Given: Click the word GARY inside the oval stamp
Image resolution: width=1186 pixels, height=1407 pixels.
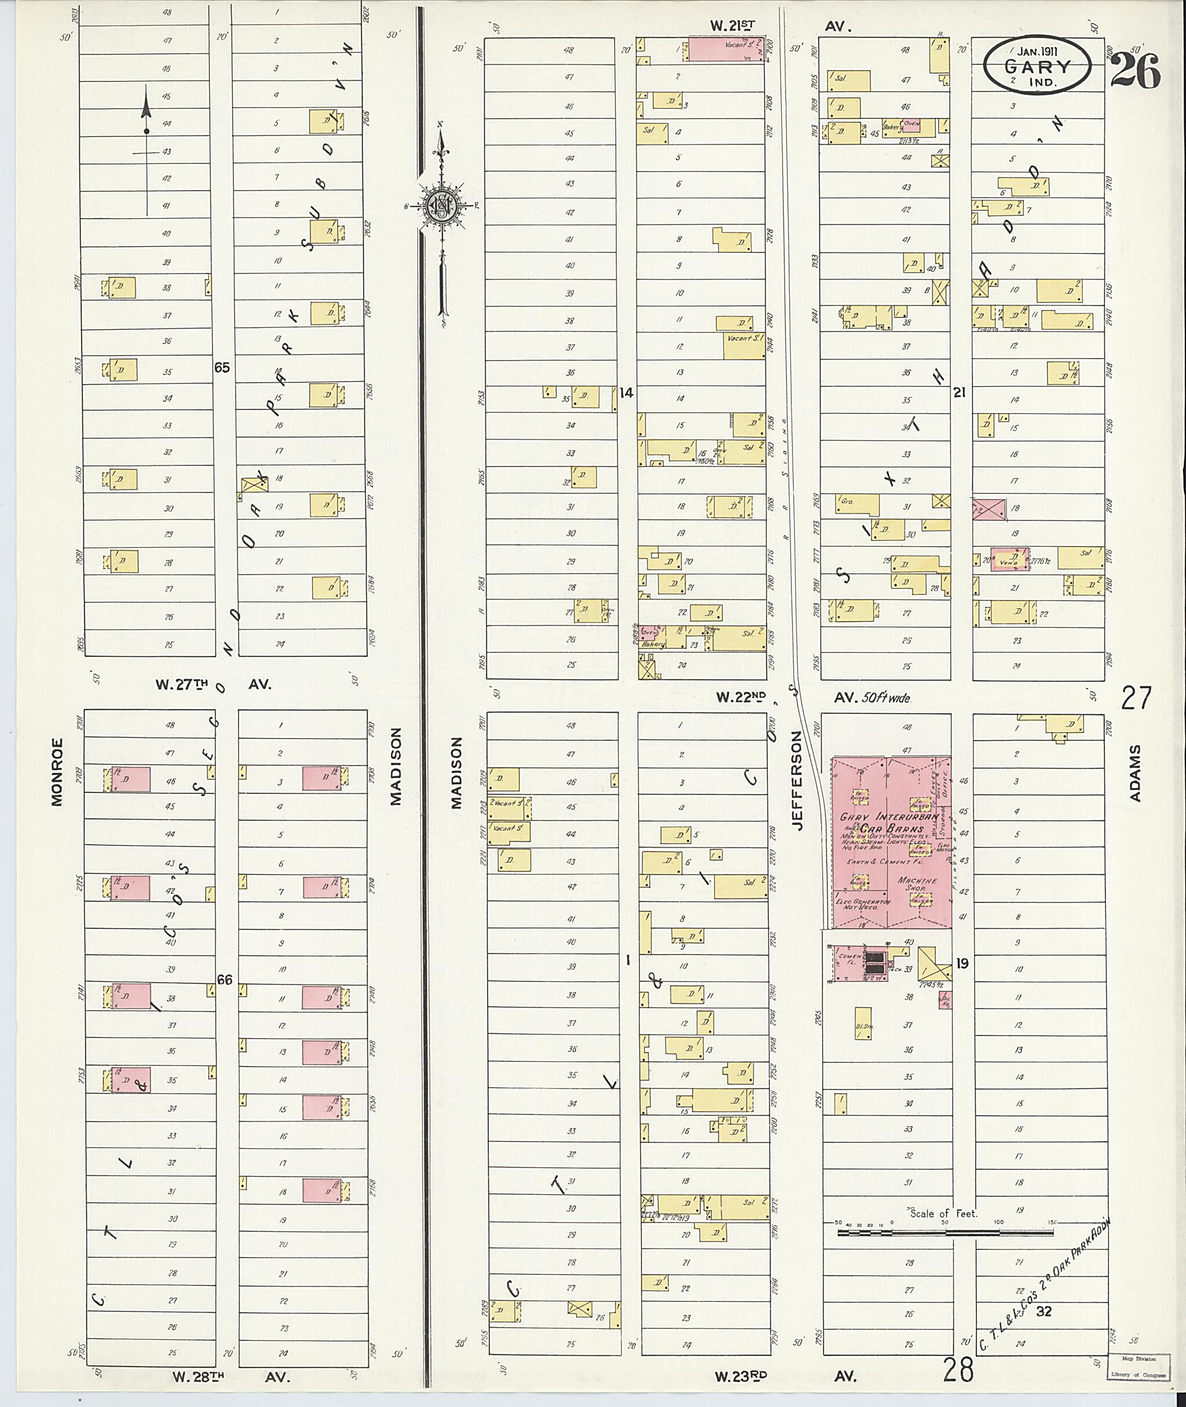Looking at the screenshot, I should (x=1037, y=67).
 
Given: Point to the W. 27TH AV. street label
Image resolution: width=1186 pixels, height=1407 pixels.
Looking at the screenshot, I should (x=213, y=685).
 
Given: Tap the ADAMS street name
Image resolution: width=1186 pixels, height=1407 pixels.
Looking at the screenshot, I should (x=1136, y=773).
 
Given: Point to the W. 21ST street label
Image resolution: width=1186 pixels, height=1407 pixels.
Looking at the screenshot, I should (x=733, y=25).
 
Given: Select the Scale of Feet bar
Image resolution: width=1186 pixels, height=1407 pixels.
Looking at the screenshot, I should (x=945, y=1232).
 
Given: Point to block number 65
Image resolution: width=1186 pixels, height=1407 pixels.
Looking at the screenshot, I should (x=222, y=367).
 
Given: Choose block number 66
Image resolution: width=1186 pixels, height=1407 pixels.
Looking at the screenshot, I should (x=224, y=980).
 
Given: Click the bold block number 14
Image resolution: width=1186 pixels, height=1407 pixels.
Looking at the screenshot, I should (x=626, y=393).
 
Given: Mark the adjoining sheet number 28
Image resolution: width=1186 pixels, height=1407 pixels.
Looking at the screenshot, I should (x=957, y=1368).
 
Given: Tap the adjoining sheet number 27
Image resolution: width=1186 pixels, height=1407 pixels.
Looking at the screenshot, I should (x=1136, y=697).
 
